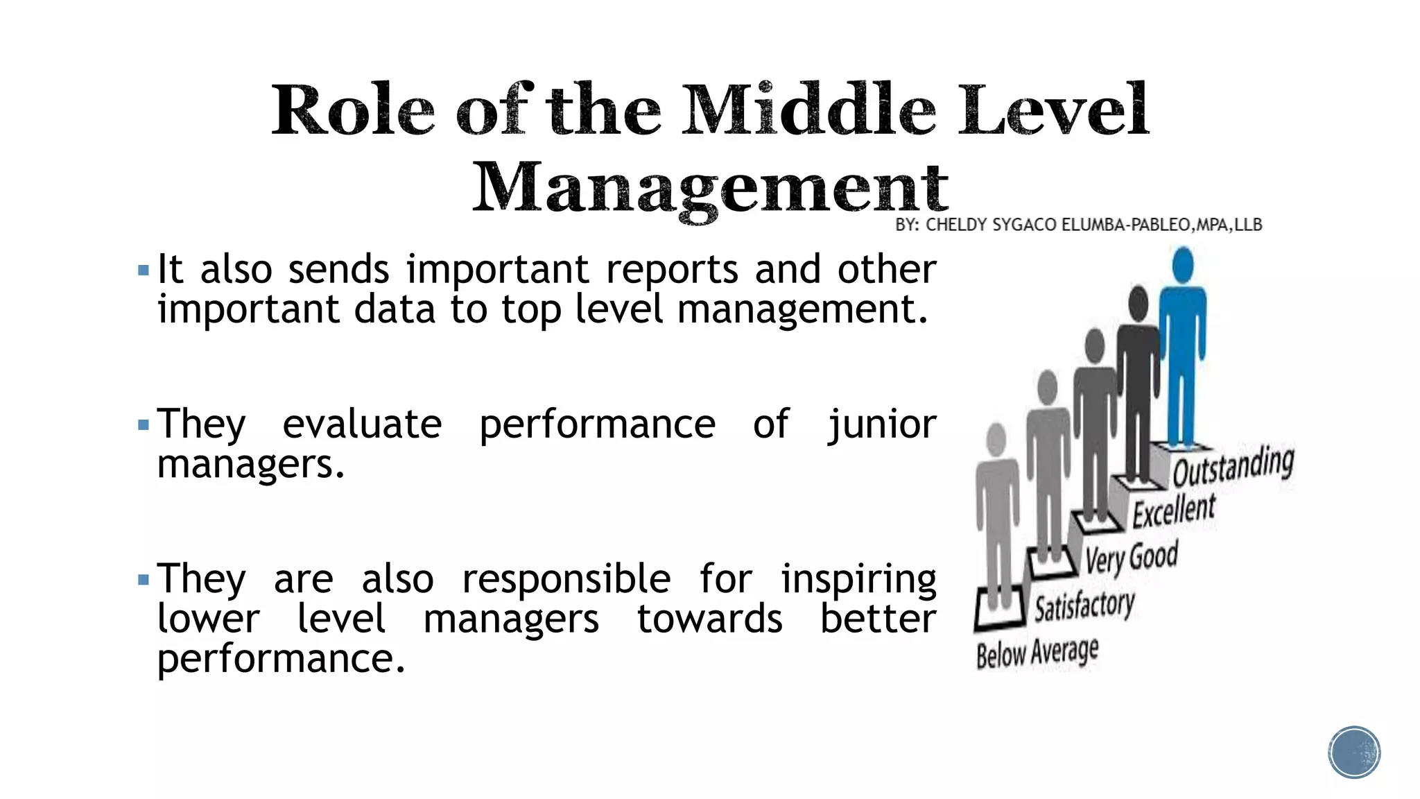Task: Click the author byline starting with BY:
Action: click(x=1078, y=225)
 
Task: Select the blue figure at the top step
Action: click(x=1182, y=354)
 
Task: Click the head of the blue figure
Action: click(x=1183, y=264)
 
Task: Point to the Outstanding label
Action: click(x=1233, y=466)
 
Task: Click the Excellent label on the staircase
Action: click(x=1174, y=510)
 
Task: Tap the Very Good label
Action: click(x=1132, y=557)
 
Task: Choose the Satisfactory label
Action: click(x=1084, y=605)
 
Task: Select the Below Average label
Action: click(x=1037, y=653)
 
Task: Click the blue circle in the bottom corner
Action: click(x=1354, y=753)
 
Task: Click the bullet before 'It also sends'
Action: click(x=144, y=270)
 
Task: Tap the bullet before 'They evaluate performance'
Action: click(x=144, y=424)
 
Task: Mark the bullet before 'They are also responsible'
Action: click(x=144, y=579)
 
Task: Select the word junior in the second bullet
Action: click(x=882, y=424)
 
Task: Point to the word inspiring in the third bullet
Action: click(x=858, y=579)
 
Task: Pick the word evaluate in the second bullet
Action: click(x=362, y=424)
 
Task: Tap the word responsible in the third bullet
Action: click(x=566, y=579)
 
